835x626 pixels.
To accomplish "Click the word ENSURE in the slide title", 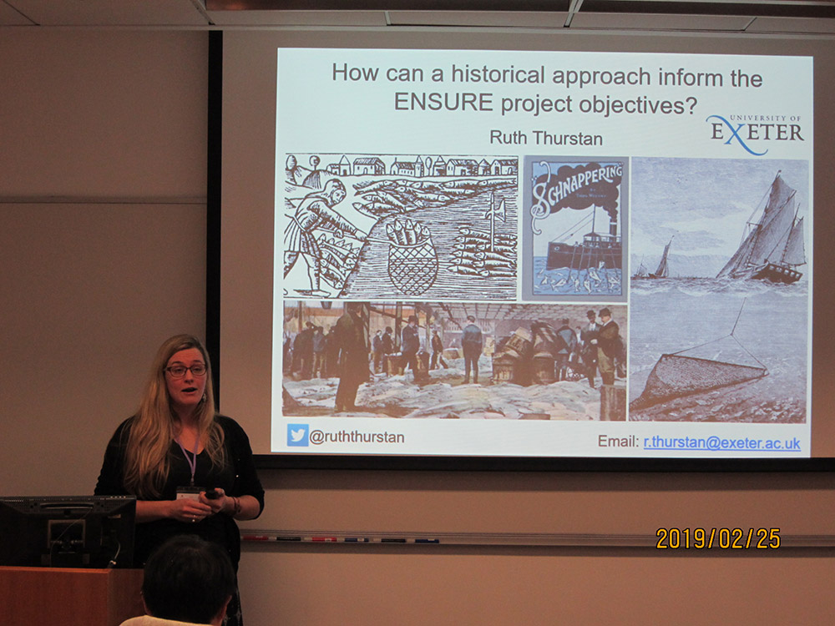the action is click(x=443, y=102).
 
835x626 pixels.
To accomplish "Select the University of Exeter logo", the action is click(x=755, y=134).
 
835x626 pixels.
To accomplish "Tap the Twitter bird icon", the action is click(x=297, y=435).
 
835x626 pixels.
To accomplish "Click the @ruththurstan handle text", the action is click(x=357, y=437).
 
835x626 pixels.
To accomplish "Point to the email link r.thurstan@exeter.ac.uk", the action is click(x=721, y=442).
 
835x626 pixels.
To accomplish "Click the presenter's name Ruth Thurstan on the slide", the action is click(x=546, y=138).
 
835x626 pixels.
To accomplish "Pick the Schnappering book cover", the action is click(x=575, y=229).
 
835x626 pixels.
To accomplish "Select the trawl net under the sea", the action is click(x=697, y=378).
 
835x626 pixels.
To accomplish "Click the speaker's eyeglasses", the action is click(x=186, y=370).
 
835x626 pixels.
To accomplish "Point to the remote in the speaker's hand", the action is click(x=212, y=494).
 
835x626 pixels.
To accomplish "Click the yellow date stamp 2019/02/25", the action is click(x=718, y=538).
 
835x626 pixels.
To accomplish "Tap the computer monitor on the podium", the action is click(x=67, y=531).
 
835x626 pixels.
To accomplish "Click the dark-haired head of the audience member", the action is click(x=188, y=579).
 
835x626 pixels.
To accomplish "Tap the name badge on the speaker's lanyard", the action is click(x=190, y=492).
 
